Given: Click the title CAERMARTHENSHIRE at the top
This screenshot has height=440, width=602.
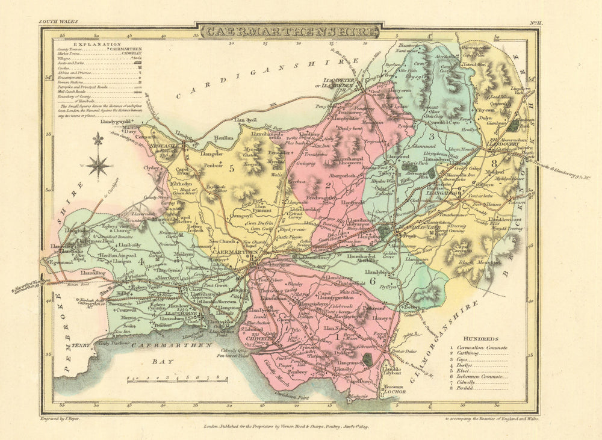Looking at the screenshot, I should (x=291, y=31).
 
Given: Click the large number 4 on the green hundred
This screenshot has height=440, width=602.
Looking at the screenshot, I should (x=141, y=261).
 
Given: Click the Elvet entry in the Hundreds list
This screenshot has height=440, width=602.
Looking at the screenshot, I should (x=467, y=373).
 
